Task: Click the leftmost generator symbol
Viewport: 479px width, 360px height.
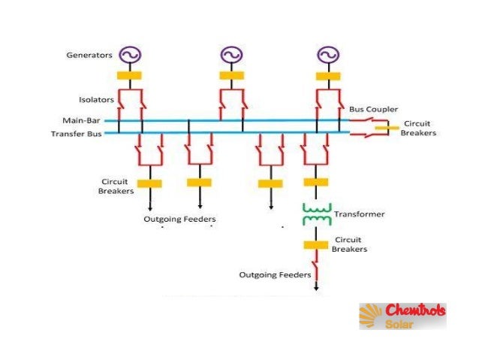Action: [x=130, y=55]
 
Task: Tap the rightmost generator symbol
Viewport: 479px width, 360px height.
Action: [x=327, y=55]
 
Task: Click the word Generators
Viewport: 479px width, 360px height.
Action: [x=89, y=55]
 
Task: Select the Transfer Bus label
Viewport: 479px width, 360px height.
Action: [x=77, y=133]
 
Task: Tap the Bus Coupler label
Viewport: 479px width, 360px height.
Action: [x=373, y=109]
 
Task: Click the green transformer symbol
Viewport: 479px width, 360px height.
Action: [x=316, y=213]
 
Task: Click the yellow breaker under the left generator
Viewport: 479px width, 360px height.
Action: [x=130, y=75]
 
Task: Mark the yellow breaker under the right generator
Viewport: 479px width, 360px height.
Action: [x=327, y=75]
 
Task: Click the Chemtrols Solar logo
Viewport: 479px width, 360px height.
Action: [x=402, y=316]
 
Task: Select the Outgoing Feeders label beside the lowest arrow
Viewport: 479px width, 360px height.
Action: [x=275, y=275]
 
